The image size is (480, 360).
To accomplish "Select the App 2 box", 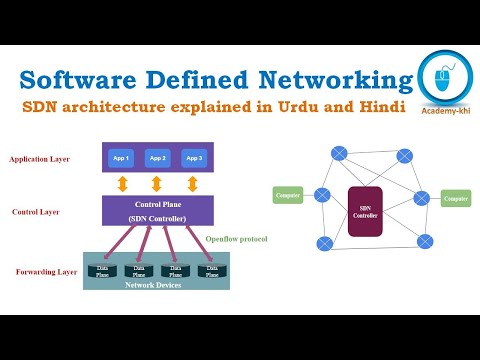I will (x=156, y=158).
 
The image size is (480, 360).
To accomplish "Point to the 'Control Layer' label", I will (x=35, y=212).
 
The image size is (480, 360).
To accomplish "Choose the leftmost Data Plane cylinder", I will (x=101, y=270).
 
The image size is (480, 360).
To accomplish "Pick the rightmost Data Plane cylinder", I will (x=209, y=270).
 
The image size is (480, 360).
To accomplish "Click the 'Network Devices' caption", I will (x=154, y=285).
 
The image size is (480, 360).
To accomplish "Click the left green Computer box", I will (x=288, y=195).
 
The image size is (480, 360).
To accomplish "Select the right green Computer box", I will (x=454, y=199).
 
